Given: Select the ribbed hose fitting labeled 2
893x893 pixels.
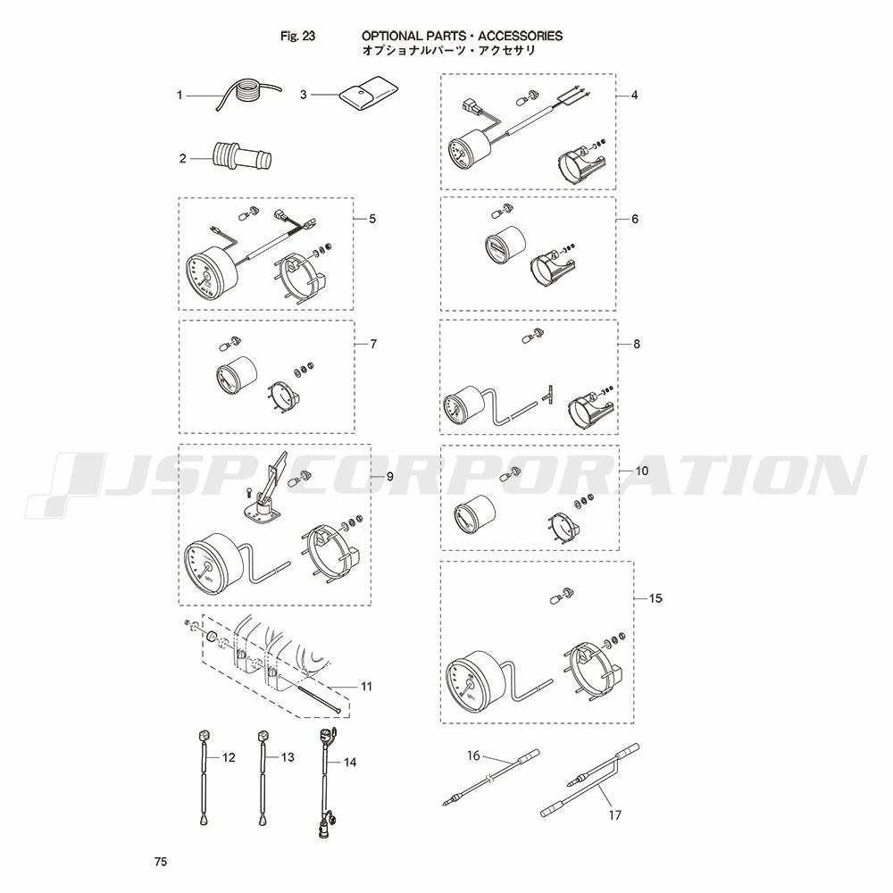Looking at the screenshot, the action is [241, 156].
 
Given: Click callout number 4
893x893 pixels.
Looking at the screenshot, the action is [634, 96].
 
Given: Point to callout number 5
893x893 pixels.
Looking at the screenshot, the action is [372, 219].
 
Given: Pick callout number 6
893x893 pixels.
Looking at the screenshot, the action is [635, 219].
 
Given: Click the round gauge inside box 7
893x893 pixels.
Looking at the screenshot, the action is [236, 375].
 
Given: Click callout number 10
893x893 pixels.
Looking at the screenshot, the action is [641, 471].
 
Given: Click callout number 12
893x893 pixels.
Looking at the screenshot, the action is [229, 757].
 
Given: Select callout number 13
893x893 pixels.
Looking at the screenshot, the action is [288, 757].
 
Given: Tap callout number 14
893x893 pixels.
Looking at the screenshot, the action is [350, 762].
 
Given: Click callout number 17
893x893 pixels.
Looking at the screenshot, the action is [615, 815].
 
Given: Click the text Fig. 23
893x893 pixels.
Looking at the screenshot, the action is [298, 36].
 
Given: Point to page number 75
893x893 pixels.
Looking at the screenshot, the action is [161, 862].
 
